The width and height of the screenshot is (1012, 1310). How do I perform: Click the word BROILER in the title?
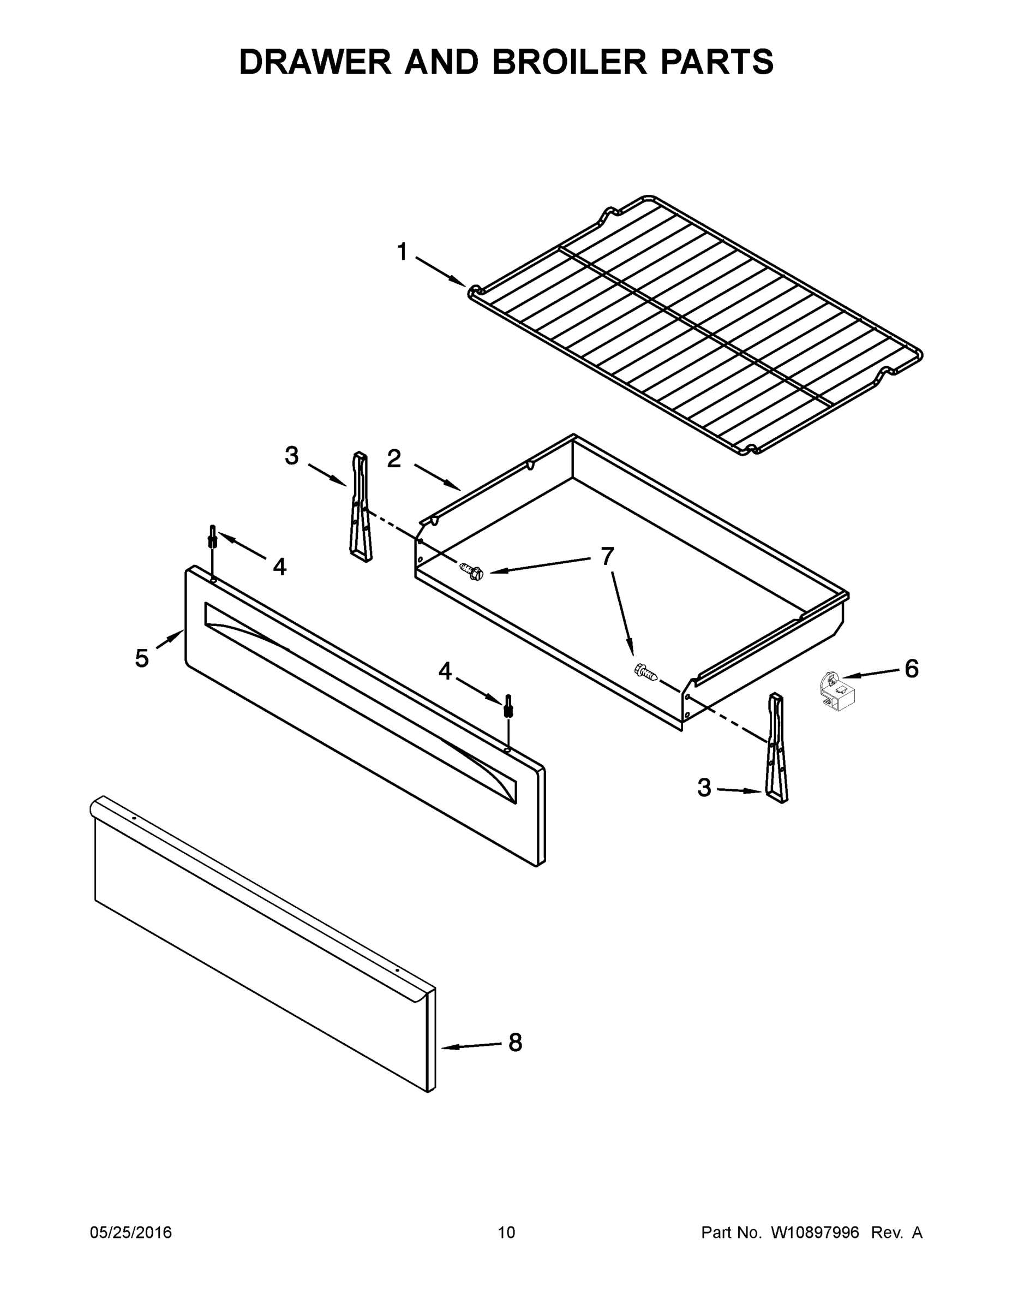pos(570,62)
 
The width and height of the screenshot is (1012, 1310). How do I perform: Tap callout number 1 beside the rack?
pos(402,252)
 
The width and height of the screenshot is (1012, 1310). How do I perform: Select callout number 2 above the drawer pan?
pos(394,459)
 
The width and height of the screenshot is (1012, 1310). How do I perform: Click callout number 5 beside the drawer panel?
pos(141,659)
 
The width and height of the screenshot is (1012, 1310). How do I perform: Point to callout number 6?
pos(911,668)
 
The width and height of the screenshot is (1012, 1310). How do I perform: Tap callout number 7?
pos(607,556)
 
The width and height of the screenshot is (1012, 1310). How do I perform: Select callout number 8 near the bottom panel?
pos(515,1043)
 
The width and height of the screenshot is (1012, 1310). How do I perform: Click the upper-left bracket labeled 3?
pos(360,508)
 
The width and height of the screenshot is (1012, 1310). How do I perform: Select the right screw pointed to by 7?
pos(646,671)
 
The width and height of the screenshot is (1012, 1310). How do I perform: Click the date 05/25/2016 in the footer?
pos(131,1232)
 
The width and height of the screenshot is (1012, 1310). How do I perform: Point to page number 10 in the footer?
pos(506,1232)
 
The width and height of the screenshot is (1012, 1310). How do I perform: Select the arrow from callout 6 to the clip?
pos(869,674)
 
